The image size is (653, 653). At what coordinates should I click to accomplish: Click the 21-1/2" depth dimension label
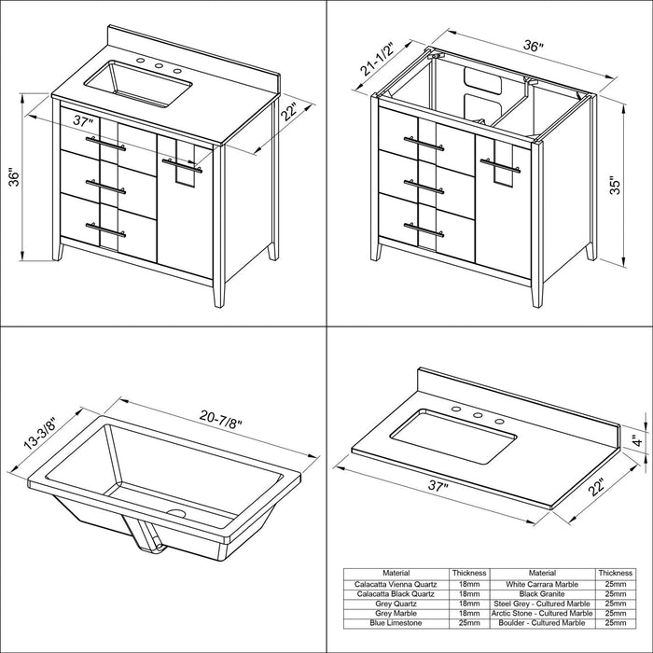(x=377, y=59)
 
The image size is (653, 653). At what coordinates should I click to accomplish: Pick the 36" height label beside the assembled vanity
(x=13, y=177)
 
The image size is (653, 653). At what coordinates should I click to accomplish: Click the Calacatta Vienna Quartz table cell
(x=396, y=584)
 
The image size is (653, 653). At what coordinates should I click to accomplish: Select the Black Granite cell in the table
(x=542, y=594)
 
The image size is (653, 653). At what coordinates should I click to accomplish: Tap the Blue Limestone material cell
(x=396, y=623)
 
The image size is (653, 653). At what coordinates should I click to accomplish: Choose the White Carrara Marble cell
(x=542, y=584)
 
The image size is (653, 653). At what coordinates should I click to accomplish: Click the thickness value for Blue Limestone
(x=469, y=623)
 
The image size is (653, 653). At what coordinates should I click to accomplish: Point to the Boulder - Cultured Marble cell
(x=542, y=623)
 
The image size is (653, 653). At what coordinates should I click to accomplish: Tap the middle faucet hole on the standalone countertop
(x=478, y=415)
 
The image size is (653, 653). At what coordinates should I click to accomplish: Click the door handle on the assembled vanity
(x=183, y=165)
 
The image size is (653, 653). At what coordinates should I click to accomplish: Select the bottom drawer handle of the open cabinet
(x=424, y=229)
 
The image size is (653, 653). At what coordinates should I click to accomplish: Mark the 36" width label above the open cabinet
(x=534, y=46)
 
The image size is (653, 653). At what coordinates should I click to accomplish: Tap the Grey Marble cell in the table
(x=396, y=614)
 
